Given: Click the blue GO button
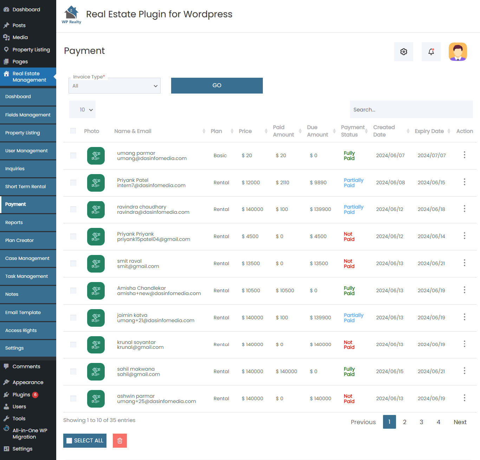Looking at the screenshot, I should (x=217, y=85).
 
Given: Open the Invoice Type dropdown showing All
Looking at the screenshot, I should (x=114, y=86).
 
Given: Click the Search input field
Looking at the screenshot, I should (x=411, y=110).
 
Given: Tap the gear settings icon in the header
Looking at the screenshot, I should (x=404, y=52).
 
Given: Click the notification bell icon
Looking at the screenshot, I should (x=431, y=52).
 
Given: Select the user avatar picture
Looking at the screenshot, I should (x=458, y=52).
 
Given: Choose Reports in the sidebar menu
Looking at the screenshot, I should (x=14, y=223).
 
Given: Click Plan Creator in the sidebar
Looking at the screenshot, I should (x=20, y=241).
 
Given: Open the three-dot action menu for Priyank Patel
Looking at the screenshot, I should (x=464, y=182).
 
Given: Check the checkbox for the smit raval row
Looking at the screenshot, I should (x=73, y=263).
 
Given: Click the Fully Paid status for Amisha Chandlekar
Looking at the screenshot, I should (x=349, y=290).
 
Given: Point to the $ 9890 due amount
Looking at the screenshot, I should (x=318, y=183).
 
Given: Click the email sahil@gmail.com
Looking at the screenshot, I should (x=138, y=375).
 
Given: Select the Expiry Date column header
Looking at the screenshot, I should (x=429, y=131).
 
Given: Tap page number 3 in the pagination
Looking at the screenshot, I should (x=421, y=422).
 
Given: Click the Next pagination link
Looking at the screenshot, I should (x=460, y=422).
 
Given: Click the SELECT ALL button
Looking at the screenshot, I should (x=85, y=441).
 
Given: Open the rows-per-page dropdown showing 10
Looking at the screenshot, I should (x=82, y=110).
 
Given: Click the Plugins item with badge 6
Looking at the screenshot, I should (x=21, y=395).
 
